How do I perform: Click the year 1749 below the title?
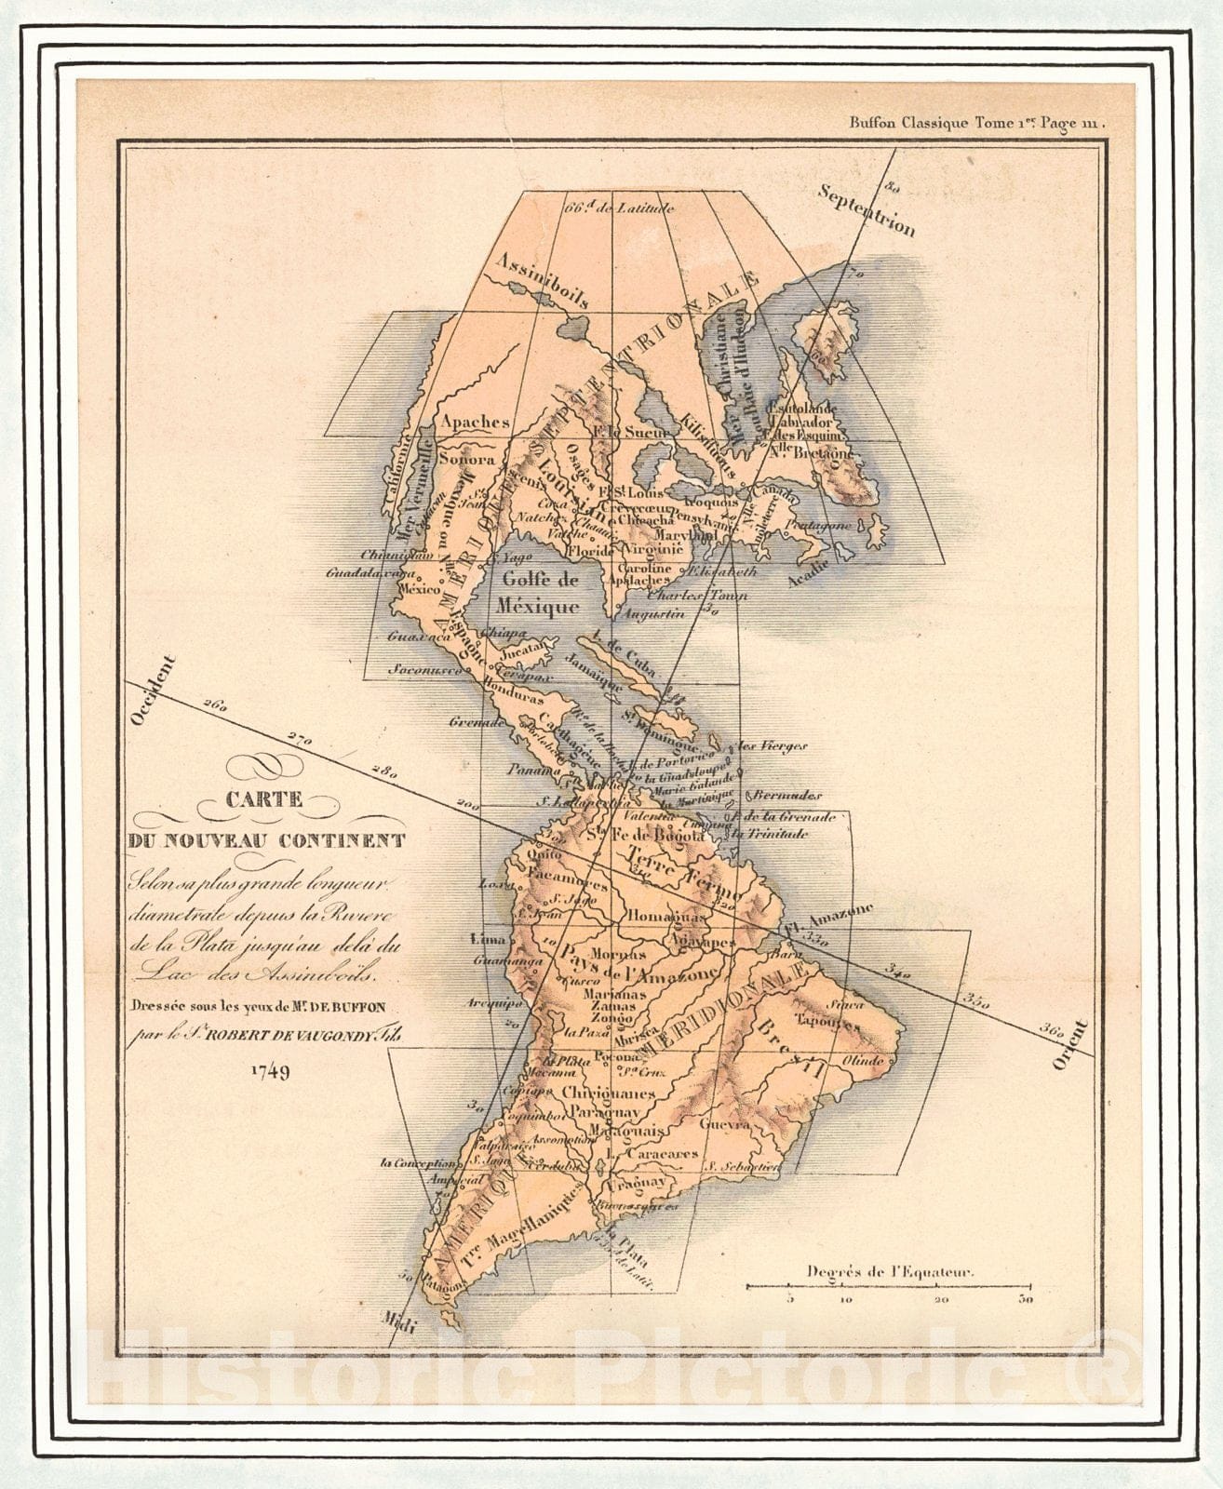coord(270,1071)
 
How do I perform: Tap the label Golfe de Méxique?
coord(539,593)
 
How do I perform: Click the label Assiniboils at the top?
coord(541,277)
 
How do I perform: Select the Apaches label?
coord(476,422)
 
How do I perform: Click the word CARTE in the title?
coord(262,798)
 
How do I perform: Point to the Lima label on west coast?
coord(490,940)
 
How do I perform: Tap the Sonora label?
coord(466,459)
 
